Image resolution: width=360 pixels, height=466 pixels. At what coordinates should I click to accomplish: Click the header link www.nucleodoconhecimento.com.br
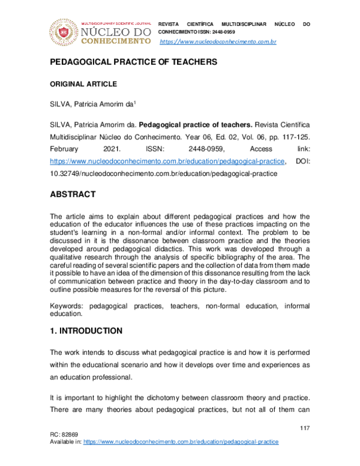(x=217, y=41)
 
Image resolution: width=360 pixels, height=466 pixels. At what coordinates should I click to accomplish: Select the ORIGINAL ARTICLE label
(x=82, y=84)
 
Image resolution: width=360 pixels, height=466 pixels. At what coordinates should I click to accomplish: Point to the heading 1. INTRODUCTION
(x=86, y=331)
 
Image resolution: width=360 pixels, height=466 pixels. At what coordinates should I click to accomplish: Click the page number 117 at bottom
(x=304, y=427)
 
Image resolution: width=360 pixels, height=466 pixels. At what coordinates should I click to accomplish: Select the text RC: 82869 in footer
(x=64, y=434)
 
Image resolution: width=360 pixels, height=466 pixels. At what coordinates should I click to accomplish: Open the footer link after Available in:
(x=181, y=441)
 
